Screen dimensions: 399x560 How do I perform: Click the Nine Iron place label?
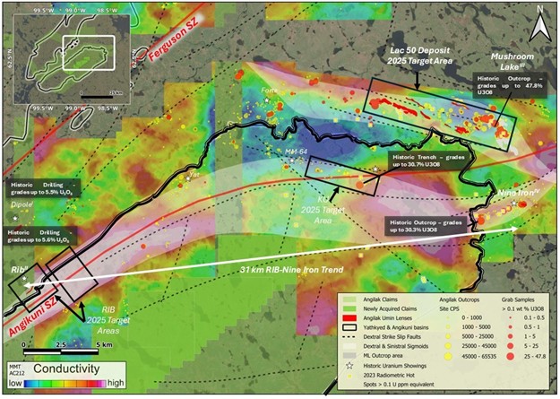[x=516, y=192]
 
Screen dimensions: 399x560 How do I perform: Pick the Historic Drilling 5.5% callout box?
[x=41, y=188]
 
